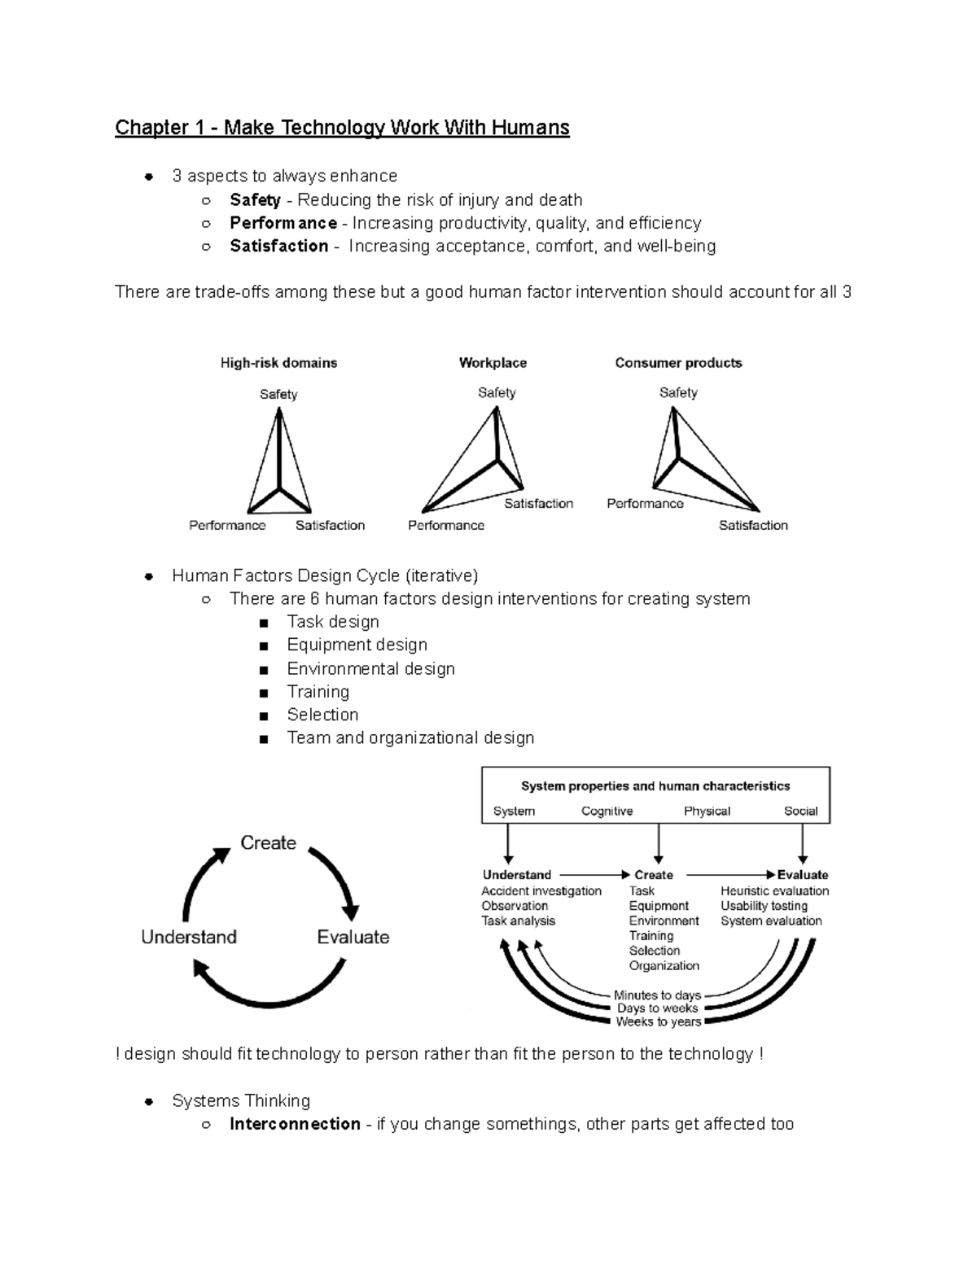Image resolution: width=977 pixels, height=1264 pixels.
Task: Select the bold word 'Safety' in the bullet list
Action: click(255, 200)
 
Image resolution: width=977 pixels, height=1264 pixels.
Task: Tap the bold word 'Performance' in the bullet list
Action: click(283, 223)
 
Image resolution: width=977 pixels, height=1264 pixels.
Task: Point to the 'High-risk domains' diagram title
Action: click(278, 363)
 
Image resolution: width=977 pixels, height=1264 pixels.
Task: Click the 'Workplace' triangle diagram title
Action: click(493, 363)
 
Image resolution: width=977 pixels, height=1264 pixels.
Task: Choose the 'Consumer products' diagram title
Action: click(678, 363)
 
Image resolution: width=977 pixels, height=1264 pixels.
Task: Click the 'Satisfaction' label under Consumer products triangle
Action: click(753, 526)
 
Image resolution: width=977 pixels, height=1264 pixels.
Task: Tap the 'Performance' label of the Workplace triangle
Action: click(445, 526)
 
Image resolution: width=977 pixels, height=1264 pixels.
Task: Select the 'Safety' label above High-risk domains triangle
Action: click(278, 395)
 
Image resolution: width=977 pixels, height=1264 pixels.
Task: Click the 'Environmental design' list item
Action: click(370, 668)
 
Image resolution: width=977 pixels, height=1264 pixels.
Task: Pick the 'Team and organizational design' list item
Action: click(410, 737)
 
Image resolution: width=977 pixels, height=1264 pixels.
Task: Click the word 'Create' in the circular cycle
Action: click(268, 843)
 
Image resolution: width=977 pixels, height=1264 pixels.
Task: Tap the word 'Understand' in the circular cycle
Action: click(189, 937)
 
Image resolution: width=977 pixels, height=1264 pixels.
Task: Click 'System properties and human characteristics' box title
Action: click(655, 786)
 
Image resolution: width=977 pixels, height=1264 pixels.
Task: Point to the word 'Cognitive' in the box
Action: click(607, 811)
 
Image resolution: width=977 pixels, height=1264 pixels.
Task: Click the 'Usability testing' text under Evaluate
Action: click(764, 906)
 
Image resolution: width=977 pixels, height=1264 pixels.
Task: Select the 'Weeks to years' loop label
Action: click(658, 1022)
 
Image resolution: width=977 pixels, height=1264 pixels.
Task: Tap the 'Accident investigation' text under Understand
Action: click(541, 891)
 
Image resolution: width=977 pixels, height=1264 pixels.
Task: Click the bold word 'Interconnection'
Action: click(295, 1124)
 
